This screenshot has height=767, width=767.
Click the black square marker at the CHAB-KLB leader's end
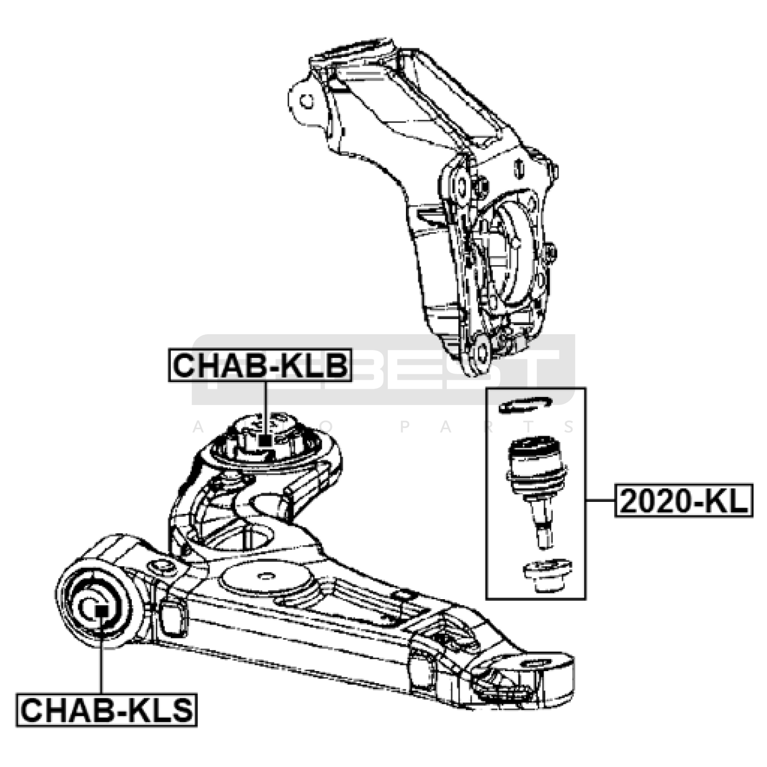coord(265,441)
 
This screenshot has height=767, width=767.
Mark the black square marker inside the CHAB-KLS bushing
coord(101,611)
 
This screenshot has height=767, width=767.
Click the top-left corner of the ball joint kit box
coord(486,388)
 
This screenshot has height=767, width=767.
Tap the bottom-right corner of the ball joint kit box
coord(586,599)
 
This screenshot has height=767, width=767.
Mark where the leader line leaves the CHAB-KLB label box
coord(265,382)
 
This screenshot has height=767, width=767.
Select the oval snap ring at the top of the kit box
coord(525,405)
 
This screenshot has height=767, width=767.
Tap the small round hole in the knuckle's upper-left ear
coord(306,101)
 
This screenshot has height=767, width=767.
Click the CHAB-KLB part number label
coord(260,366)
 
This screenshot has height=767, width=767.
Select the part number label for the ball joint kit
coord(684,500)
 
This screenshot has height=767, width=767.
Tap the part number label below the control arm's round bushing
coord(106,710)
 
